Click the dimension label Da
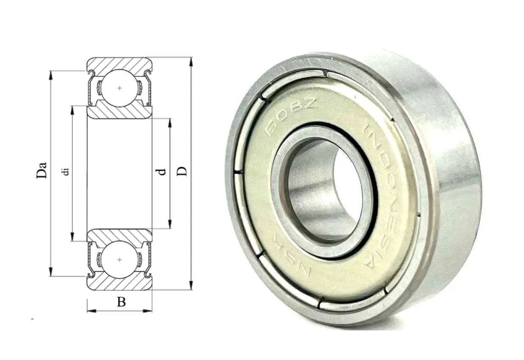[x=41, y=170]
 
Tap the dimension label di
[x=66, y=171]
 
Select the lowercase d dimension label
[x=162, y=172]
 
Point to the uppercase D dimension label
[x=182, y=171]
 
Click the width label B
[x=121, y=302]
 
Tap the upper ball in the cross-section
[x=119, y=88]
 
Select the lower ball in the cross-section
[x=119, y=260]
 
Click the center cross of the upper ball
[x=119, y=88]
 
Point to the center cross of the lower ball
[x=119, y=260]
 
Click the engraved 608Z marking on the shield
[x=291, y=116]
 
